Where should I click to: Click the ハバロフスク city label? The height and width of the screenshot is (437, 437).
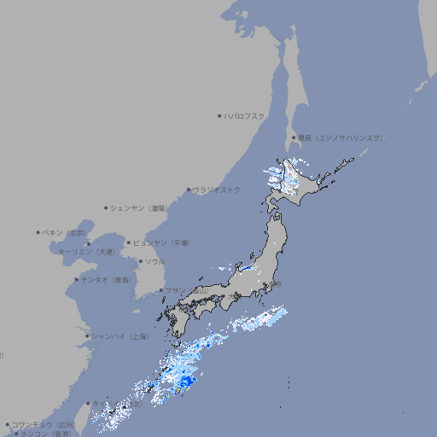[245, 115]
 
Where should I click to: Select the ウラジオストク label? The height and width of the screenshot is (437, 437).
[217, 189]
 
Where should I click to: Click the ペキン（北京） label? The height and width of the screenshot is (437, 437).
[65, 232]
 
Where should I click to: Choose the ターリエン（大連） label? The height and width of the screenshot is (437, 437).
[85, 253]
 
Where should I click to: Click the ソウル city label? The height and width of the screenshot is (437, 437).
[154, 262]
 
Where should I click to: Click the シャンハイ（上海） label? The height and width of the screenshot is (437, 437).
[119, 336]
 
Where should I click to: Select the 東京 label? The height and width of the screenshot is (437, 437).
[276, 284]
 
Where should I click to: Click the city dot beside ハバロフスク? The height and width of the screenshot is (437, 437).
[219, 115]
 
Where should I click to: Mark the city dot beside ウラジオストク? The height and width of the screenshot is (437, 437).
[189, 189]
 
